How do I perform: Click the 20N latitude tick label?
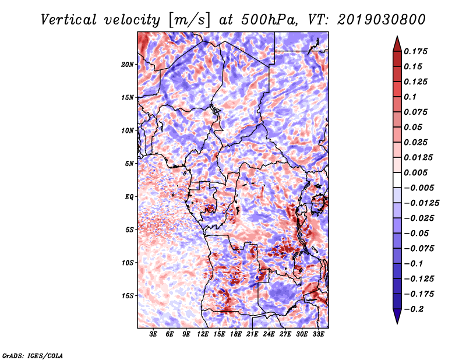[127, 65]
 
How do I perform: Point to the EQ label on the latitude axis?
[129, 197]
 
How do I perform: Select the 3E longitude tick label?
[153, 334]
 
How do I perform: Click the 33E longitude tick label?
[318, 334]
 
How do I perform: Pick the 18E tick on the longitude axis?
[236, 334]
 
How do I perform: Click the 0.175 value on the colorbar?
[415, 51]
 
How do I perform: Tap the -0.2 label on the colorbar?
[414, 309]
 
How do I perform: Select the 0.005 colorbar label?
[415, 172]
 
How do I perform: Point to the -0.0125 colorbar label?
[421, 203]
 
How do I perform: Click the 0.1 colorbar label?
[410, 97]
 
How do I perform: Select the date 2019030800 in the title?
[382, 20]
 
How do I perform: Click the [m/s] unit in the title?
[189, 20]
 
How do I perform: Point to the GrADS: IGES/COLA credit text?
[33, 356]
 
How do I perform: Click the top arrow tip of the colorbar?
[397, 36]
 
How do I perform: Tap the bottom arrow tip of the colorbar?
[397, 324]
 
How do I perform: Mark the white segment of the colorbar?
[397, 180]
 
